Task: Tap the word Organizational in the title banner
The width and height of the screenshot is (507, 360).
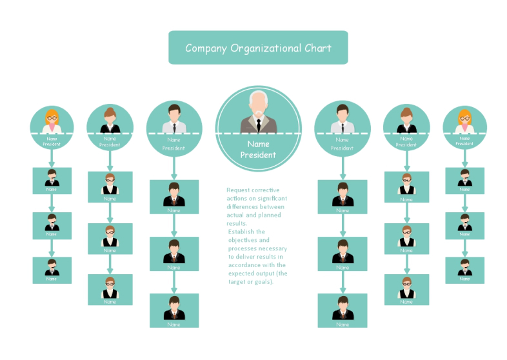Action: click(265, 48)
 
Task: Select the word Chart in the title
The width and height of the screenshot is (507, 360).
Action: click(318, 48)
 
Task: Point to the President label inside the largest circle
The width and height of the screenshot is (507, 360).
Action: click(258, 155)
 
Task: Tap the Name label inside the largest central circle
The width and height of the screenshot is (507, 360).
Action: click(258, 144)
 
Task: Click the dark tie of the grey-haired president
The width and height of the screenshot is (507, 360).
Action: click(258, 123)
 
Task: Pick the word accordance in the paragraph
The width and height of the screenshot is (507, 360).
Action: click(246, 265)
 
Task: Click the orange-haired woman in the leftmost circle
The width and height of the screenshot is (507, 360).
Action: click(52, 121)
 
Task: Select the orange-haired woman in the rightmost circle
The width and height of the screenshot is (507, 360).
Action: click(464, 121)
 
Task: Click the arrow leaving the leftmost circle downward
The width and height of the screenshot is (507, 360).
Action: click(52, 158)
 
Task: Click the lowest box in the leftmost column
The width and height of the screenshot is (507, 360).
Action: click(52, 270)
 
